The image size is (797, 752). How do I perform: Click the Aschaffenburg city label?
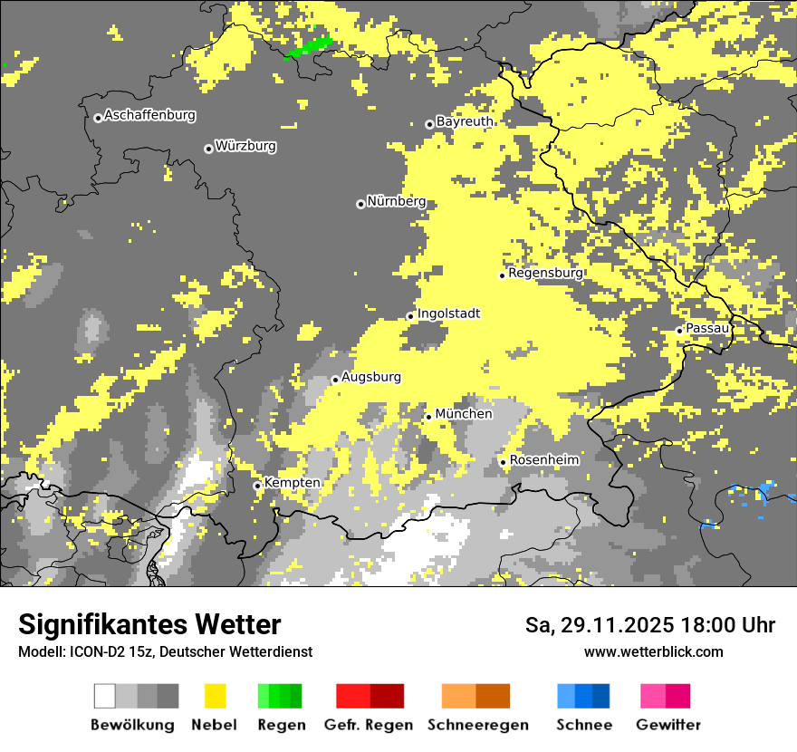point(149,116)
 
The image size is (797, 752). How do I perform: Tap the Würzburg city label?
point(245,147)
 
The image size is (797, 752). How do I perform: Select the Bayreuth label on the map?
point(465,121)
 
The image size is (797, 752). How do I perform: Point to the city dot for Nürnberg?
point(360,204)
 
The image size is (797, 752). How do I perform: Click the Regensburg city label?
point(545,273)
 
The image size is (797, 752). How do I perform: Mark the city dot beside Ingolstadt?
point(410,316)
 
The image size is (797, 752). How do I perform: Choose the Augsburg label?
point(370,378)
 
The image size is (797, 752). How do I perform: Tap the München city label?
point(464,414)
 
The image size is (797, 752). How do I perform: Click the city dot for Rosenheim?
point(503,462)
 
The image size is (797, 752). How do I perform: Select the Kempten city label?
point(292,483)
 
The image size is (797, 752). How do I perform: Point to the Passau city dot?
point(679,331)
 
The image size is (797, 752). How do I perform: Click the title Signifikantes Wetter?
point(149,625)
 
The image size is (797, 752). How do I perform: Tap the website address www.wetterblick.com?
point(653,651)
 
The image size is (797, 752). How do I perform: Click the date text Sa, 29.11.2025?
point(598,625)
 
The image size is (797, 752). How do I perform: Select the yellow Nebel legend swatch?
point(215,696)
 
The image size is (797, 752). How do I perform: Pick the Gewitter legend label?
point(667,725)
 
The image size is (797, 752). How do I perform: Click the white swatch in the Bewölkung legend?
point(105,696)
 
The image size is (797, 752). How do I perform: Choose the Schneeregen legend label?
point(477,725)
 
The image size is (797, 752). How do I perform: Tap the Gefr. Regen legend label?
point(368,725)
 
